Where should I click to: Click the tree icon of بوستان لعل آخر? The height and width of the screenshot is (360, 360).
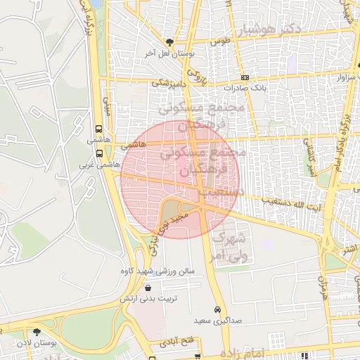(168, 42)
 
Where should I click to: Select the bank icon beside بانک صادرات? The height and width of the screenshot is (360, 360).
(244, 77)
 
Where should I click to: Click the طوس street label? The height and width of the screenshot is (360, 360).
(221, 41)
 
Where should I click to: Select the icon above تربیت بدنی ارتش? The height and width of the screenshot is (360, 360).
(148, 288)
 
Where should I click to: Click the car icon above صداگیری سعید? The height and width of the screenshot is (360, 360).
(217, 309)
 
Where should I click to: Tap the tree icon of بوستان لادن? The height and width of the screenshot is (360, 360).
(37, 332)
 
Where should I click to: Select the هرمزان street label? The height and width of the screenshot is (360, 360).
(323, 288)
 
